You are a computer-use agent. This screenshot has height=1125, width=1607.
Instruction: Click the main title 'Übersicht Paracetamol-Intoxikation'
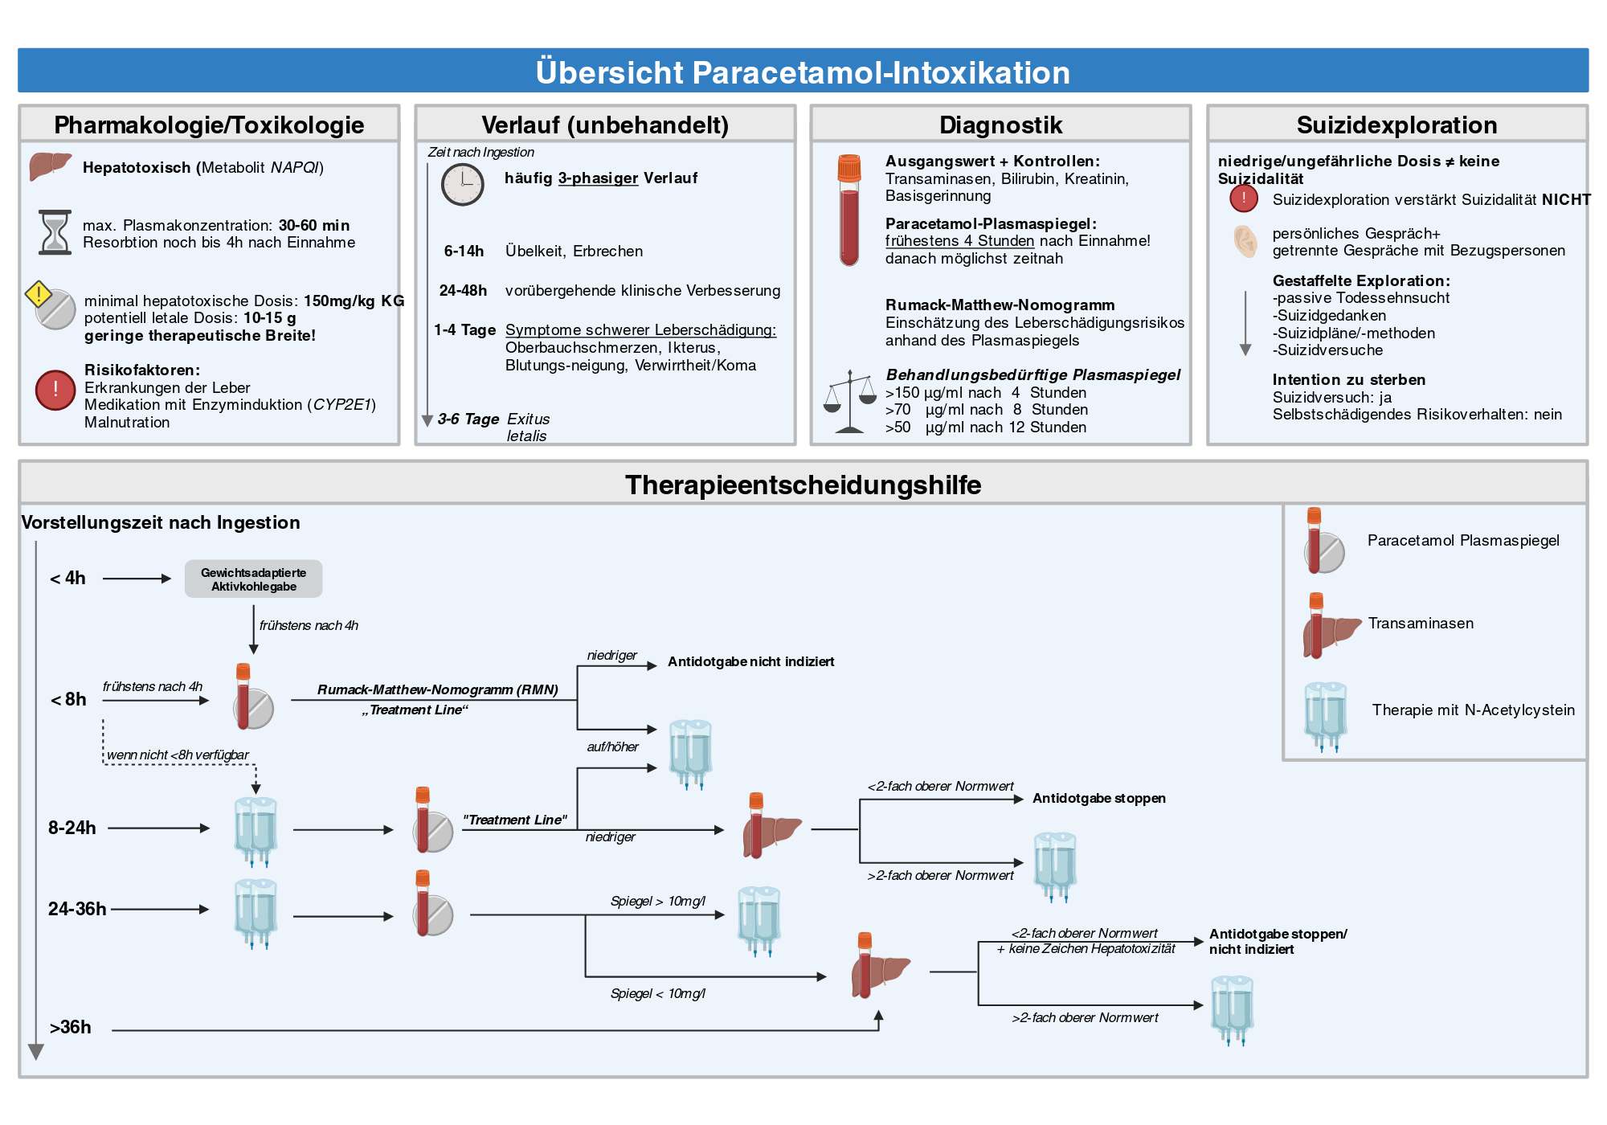click(x=803, y=72)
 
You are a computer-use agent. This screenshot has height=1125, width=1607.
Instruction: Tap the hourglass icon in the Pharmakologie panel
click(x=55, y=233)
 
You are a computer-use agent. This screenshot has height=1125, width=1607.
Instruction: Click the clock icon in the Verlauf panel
click(x=463, y=185)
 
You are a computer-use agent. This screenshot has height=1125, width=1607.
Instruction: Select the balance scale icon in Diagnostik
click(x=849, y=402)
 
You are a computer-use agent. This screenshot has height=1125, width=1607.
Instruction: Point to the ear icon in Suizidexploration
click(x=1245, y=241)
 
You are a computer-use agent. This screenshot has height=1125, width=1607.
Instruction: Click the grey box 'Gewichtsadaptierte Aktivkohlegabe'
click(x=254, y=579)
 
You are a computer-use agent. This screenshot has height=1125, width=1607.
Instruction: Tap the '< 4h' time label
click(x=67, y=579)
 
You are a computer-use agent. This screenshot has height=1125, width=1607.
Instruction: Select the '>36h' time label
click(x=71, y=1028)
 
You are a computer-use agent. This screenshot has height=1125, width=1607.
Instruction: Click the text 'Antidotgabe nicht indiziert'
click(x=751, y=662)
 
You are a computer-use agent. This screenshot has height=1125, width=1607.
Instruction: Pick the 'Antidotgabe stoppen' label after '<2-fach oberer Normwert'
click(x=1099, y=799)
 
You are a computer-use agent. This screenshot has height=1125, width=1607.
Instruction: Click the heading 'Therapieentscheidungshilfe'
click(x=803, y=485)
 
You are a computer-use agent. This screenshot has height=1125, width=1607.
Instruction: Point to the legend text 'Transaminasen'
click(x=1421, y=624)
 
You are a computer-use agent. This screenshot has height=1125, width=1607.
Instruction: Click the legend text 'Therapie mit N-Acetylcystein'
click(x=1474, y=710)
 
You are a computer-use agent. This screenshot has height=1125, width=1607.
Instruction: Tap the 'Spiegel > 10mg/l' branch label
click(x=658, y=902)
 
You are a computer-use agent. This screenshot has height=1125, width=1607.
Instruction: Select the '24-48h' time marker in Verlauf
click(x=463, y=291)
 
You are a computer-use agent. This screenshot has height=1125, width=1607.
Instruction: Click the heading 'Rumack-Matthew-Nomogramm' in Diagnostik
click(x=1000, y=305)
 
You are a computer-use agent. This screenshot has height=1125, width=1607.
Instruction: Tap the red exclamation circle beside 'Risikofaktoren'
click(x=55, y=391)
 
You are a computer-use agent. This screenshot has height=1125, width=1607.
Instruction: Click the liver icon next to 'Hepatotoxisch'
click(x=51, y=166)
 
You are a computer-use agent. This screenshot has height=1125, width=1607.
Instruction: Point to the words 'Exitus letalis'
click(x=528, y=427)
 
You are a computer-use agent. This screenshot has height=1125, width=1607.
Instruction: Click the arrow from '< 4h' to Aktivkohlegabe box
click(x=137, y=579)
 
